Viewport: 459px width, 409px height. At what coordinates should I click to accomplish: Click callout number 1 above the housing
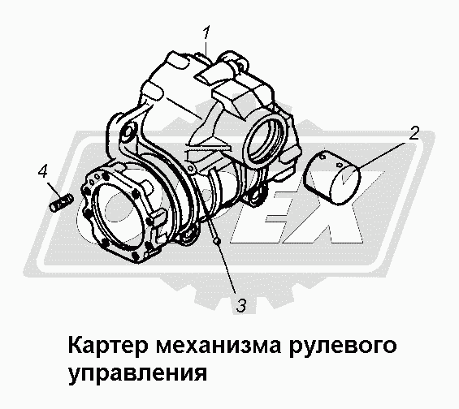(x=206, y=32)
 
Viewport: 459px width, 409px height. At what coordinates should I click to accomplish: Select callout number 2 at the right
(x=414, y=133)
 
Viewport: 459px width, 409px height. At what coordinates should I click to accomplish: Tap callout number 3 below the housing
(x=241, y=305)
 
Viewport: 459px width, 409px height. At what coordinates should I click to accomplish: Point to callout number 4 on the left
(x=43, y=171)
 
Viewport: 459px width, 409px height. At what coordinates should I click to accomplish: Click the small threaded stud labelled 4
(x=61, y=203)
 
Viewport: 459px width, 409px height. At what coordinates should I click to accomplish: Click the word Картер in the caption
(x=107, y=346)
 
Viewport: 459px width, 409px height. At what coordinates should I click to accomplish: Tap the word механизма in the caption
(x=219, y=346)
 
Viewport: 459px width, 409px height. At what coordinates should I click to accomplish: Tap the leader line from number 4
(x=55, y=191)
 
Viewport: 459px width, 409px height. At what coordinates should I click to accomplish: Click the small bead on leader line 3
(x=217, y=240)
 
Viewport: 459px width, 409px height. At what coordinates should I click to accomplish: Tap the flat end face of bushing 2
(x=344, y=185)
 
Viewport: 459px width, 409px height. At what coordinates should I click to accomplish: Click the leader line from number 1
(x=206, y=48)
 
